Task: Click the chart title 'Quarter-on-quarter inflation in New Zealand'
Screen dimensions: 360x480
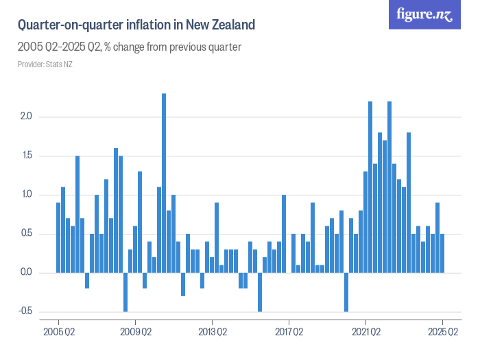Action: [x=136, y=25]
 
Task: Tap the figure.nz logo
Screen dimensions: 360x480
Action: [x=425, y=14]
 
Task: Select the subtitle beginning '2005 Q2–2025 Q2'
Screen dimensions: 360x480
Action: [x=129, y=47]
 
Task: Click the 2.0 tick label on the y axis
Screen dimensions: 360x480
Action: [x=27, y=117]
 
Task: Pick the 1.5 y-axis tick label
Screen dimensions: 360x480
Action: [x=27, y=156]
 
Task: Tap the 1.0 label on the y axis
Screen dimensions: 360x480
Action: [x=27, y=195]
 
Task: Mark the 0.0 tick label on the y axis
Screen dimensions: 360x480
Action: [x=27, y=273]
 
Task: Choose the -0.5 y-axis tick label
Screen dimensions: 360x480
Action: [x=25, y=311]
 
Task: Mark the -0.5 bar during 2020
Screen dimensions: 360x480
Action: [x=346, y=292]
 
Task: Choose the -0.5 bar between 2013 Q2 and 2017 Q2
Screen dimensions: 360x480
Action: [x=260, y=292]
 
